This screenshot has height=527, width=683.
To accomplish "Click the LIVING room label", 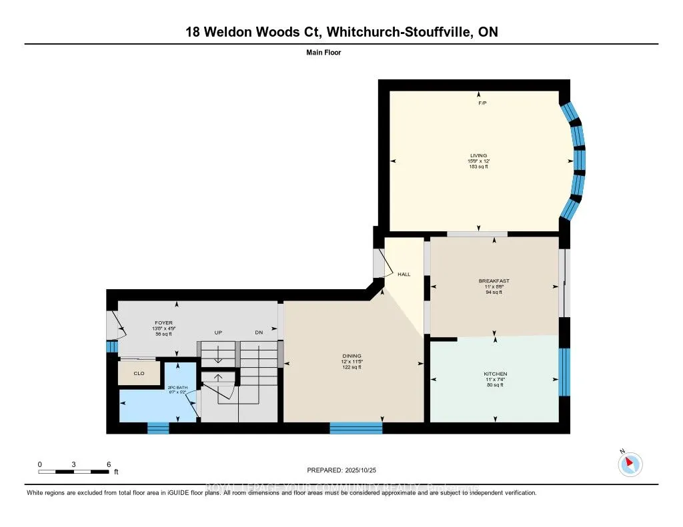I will [x=478, y=156].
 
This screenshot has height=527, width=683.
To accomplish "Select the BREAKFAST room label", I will [x=494, y=281].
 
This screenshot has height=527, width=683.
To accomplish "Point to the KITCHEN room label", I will [x=495, y=374].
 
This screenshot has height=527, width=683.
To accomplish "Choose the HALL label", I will [x=404, y=274].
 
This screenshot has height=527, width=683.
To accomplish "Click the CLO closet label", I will [x=139, y=373].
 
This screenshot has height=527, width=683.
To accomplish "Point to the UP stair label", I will [x=218, y=332].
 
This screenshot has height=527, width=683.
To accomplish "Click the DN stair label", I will [x=259, y=332].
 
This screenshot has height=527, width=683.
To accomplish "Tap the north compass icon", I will [x=630, y=464].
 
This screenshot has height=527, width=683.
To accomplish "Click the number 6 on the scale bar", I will [x=108, y=464].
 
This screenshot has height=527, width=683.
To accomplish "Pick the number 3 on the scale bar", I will [x=73, y=464].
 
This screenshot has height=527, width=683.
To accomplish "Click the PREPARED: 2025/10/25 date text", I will [x=341, y=470].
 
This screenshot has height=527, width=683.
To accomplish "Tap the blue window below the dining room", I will [x=356, y=428].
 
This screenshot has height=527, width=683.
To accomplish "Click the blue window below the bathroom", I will [x=158, y=428].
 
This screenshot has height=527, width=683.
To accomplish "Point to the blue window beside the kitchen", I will [x=564, y=372].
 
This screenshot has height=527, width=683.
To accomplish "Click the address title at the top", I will [x=341, y=32].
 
